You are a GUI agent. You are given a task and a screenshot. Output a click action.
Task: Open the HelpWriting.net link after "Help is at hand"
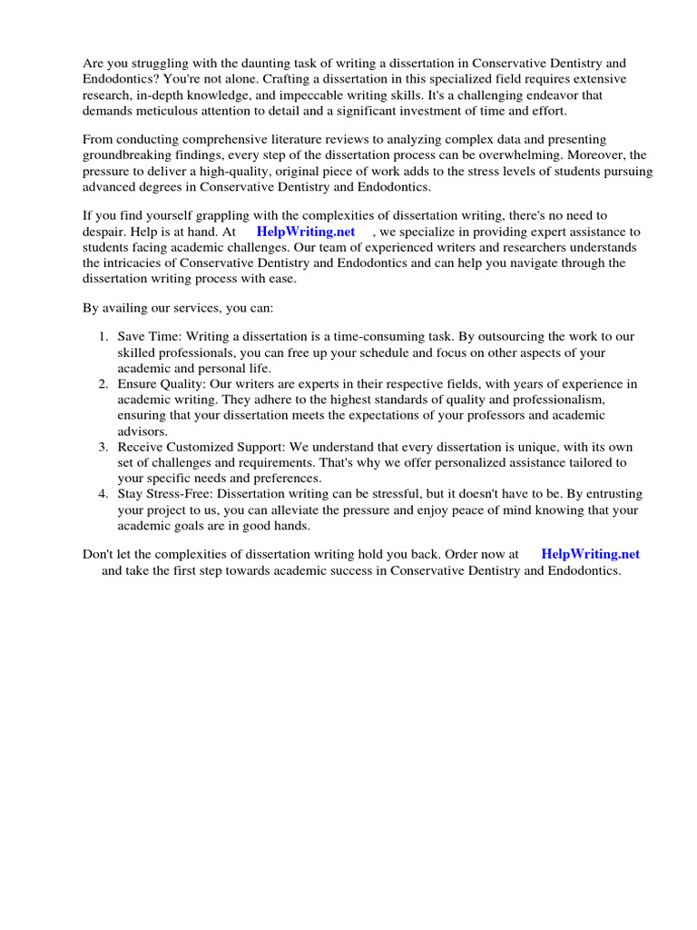[x=306, y=232]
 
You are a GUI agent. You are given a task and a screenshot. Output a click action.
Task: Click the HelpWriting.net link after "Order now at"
[x=590, y=553]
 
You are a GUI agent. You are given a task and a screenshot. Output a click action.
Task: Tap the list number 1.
[x=103, y=337]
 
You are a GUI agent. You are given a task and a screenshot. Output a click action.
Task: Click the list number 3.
[x=103, y=448]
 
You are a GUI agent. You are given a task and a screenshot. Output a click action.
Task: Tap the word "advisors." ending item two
[x=142, y=431]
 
